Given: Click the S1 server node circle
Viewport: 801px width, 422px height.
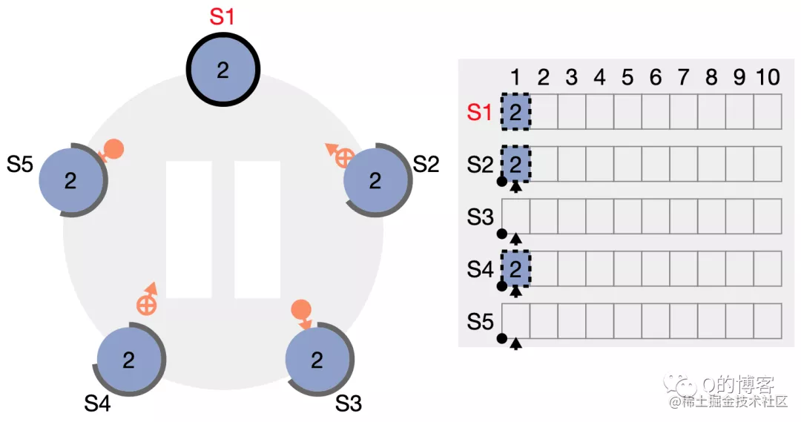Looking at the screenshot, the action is point(222,70).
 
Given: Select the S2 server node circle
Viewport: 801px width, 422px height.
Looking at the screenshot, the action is point(376,180).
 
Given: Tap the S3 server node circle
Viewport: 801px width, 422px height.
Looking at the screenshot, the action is point(317,360).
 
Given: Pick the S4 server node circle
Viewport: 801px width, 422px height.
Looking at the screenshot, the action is point(129,360).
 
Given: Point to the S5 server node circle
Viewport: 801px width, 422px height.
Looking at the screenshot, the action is point(70,180).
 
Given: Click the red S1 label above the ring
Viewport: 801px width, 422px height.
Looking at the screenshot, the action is point(222,17).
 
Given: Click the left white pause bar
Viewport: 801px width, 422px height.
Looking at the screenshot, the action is point(189,229).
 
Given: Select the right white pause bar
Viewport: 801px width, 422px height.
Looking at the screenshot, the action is point(257,229).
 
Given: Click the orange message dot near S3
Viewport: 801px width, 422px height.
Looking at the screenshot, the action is point(300,309).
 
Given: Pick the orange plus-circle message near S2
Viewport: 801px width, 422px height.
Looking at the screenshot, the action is point(343,156).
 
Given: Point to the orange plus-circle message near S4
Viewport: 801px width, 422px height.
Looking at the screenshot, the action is point(146,304).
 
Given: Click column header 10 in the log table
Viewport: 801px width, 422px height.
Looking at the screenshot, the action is point(768,77).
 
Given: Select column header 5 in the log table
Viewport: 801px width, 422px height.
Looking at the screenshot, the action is point(627,77).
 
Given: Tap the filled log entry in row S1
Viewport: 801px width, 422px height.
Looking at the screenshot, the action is point(516,111).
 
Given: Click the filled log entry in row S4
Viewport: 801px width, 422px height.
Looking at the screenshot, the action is point(516,268).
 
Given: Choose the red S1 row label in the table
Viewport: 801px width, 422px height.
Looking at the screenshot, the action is point(480,112).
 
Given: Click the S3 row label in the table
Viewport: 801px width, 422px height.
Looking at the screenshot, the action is point(480,217).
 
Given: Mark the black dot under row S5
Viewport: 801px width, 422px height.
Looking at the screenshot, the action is point(501,339).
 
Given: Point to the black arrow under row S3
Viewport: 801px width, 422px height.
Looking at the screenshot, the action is point(516,238).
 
